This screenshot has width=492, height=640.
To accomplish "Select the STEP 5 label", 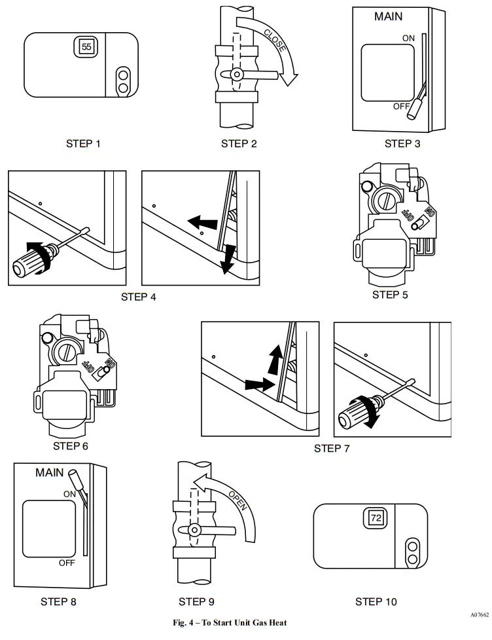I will [390, 295].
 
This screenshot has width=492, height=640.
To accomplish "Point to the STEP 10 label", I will [376, 601].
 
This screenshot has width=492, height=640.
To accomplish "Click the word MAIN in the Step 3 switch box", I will [389, 17].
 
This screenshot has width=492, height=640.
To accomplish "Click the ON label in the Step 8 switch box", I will [70, 493].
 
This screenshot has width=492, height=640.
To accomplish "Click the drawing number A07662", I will [479, 616].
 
